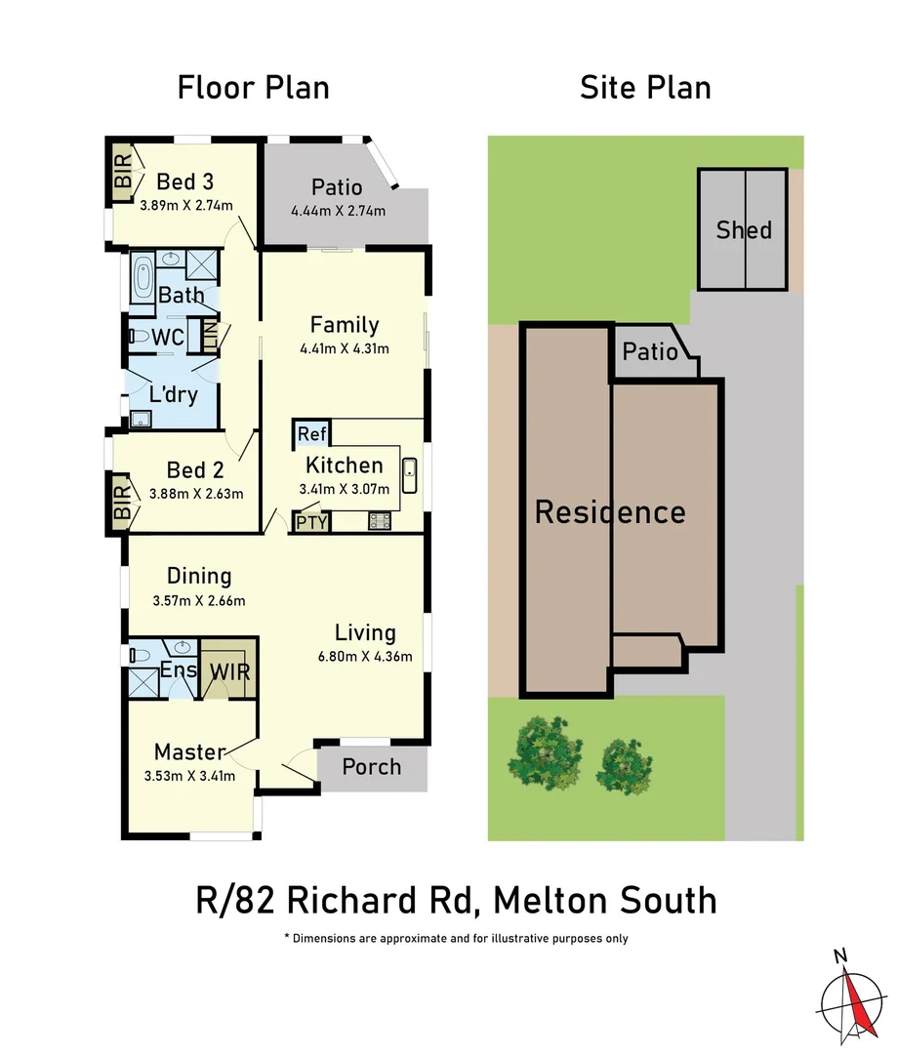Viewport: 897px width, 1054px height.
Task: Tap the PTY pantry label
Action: (x=312, y=522)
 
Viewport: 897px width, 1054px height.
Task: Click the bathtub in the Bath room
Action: (x=143, y=279)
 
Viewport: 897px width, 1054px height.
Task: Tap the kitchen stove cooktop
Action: (x=380, y=522)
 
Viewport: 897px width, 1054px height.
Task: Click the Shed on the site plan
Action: (x=744, y=230)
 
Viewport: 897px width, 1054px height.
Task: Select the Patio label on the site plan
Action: (x=650, y=351)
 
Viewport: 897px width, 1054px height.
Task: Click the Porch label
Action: (x=371, y=767)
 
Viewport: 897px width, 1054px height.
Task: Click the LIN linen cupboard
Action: (x=209, y=337)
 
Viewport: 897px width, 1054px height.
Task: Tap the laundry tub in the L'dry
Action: (x=142, y=419)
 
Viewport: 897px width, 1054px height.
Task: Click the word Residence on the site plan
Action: (x=610, y=512)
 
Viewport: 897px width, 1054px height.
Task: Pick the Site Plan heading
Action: (x=645, y=87)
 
